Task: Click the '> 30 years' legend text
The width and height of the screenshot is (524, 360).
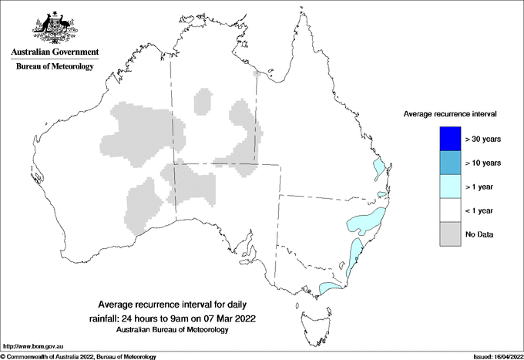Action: click(x=483, y=139)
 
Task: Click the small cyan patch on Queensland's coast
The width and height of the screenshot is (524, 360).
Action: click(x=378, y=168)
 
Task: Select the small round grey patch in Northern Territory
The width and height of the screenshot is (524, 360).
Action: click(x=203, y=100)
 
